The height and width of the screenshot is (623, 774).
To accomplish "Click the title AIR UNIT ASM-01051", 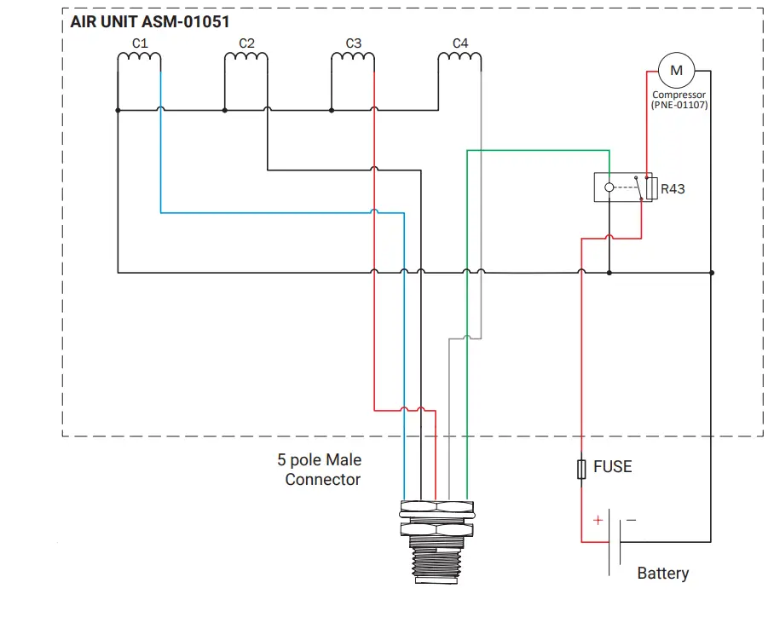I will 149,21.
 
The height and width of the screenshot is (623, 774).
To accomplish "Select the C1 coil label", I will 140,43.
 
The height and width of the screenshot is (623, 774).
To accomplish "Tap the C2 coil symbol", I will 246,59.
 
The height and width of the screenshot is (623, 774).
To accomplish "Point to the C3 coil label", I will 354,43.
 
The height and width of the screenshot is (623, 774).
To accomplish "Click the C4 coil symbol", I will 460,59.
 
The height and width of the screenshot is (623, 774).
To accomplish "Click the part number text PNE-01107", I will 679,106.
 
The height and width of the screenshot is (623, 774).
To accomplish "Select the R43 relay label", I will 673,188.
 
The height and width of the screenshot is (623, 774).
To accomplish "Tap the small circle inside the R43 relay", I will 609,187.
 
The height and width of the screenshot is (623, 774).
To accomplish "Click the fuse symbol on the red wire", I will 581,469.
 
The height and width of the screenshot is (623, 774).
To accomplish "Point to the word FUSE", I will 612,467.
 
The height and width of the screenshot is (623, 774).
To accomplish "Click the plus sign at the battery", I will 598,520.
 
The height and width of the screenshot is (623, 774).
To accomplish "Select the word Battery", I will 662,574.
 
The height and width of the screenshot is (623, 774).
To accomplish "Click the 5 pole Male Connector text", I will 321,470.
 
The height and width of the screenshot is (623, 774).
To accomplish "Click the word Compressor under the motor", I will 679,95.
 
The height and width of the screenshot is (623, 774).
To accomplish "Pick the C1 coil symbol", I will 139,59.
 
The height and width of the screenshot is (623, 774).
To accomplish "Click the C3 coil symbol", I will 353,59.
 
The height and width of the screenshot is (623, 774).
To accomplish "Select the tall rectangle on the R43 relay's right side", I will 652,187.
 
